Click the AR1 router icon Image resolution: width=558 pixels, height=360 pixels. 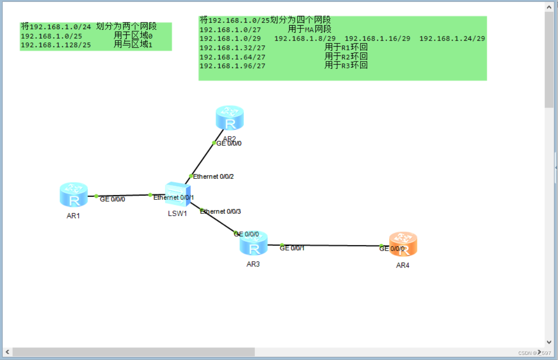[x=74, y=195]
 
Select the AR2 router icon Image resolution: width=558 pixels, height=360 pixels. [x=230, y=118]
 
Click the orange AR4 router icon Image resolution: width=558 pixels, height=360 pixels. [x=403, y=244]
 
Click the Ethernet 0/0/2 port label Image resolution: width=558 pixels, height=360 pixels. [x=213, y=177]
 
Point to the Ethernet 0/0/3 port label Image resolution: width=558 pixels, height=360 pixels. [x=220, y=211]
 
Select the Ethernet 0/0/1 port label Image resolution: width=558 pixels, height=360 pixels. [x=173, y=197]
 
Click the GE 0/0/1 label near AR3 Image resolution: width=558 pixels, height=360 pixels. [x=292, y=248]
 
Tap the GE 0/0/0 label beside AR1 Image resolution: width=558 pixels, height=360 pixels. [x=112, y=199]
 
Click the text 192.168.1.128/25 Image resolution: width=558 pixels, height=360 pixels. [x=56, y=45]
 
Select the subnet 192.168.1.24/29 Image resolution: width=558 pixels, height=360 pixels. [x=452, y=39]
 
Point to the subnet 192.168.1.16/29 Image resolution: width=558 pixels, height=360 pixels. [x=377, y=39]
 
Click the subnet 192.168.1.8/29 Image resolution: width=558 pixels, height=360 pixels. [x=305, y=39]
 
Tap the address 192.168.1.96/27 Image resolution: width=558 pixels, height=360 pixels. [x=232, y=66]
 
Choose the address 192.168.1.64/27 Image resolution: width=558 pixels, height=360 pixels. [x=232, y=57]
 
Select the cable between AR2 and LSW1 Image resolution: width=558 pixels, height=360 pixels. [x=202, y=160]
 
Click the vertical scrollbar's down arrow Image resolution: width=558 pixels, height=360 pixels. [x=549, y=342]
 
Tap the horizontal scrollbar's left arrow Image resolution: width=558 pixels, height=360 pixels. [x=7, y=352]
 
